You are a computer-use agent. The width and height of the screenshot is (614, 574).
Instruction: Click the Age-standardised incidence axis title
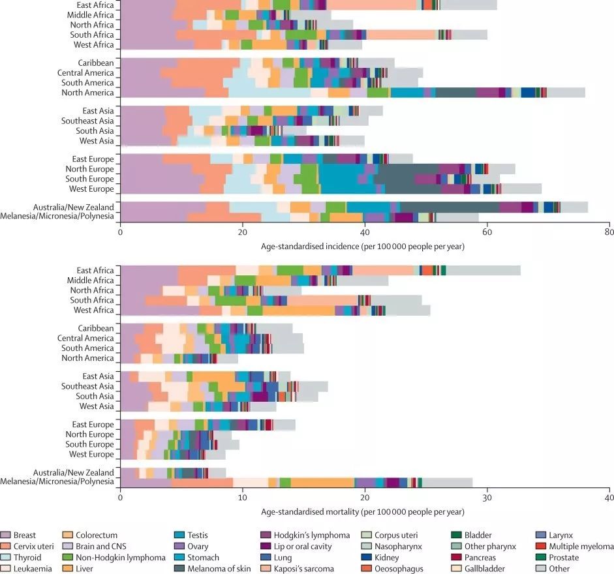click(x=364, y=246)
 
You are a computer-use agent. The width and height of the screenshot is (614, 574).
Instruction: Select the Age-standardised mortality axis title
click(x=364, y=512)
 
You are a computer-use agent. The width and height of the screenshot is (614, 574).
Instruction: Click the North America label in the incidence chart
click(x=88, y=93)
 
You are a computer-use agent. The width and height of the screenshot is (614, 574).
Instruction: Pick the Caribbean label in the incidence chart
click(x=96, y=63)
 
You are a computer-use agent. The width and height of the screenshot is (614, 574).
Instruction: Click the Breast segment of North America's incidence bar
click(x=163, y=93)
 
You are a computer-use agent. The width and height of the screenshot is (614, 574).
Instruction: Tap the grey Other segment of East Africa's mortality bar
click(x=483, y=270)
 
